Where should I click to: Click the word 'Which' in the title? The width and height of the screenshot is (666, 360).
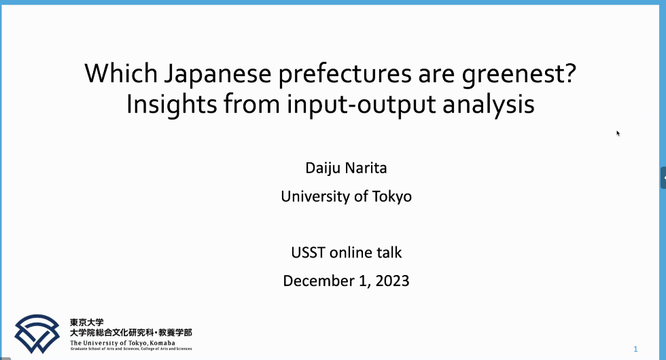(x=121, y=73)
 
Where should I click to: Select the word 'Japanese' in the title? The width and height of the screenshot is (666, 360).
(x=217, y=75)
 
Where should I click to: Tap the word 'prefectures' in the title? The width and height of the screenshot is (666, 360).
(x=345, y=75)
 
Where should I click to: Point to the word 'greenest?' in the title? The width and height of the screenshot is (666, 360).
(x=519, y=75)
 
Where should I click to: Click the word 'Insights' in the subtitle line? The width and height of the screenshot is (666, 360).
(x=172, y=105)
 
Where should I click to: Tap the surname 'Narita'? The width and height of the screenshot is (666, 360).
(x=366, y=168)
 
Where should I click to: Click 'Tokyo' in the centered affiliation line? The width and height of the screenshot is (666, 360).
(x=392, y=197)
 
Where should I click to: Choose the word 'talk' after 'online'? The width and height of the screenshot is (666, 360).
(x=389, y=253)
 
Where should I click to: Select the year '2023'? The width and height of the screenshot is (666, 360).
(x=393, y=281)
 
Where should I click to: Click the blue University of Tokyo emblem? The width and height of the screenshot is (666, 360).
(x=37, y=334)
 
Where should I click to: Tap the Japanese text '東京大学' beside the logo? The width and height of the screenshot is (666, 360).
(x=87, y=323)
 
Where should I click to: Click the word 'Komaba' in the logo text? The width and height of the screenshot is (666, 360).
(x=162, y=343)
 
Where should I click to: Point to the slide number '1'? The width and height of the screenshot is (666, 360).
(x=635, y=349)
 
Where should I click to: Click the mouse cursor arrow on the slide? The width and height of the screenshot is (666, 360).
(x=618, y=133)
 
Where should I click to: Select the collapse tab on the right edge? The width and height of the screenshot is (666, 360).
(x=663, y=177)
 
